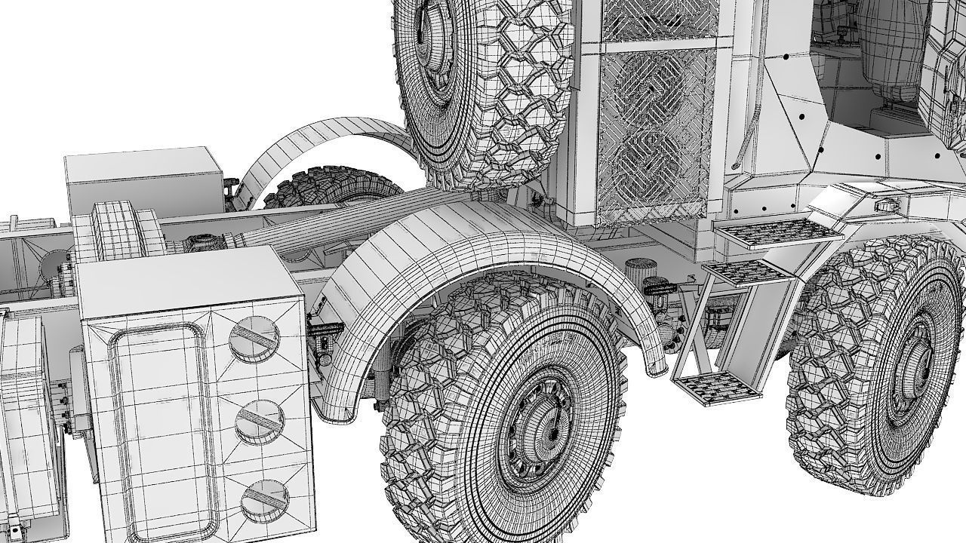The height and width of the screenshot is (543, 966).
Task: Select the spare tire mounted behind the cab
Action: point(483,83)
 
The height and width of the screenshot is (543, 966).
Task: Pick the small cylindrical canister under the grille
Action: point(640,271)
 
